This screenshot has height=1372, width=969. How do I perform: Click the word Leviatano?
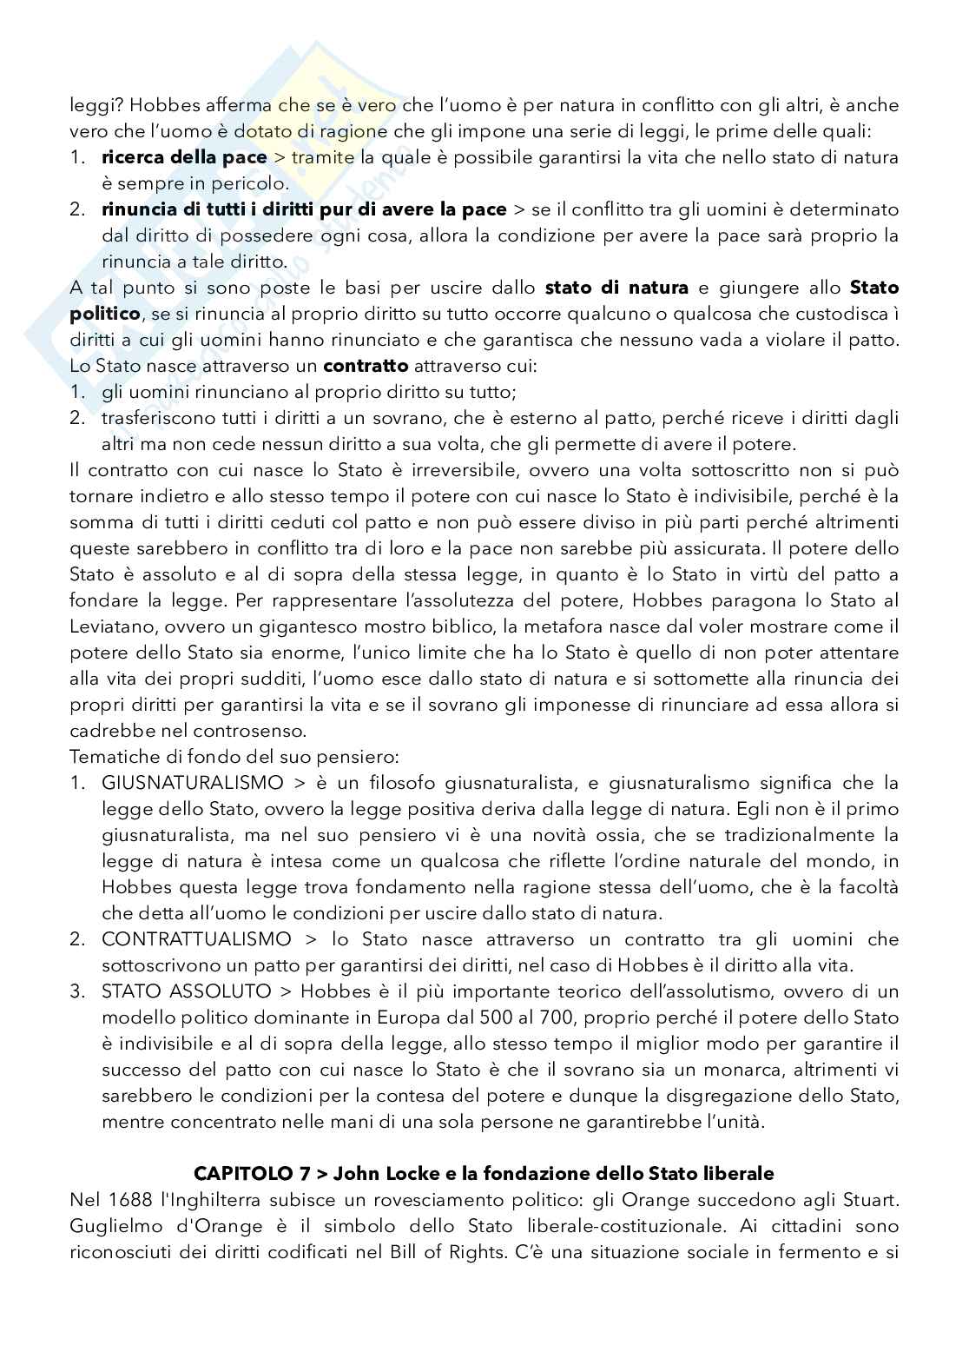tap(109, 626)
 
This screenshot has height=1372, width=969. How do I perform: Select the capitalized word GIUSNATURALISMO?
tap(192, 783)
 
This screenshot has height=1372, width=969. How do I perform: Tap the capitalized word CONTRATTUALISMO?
tap(196, 939)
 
